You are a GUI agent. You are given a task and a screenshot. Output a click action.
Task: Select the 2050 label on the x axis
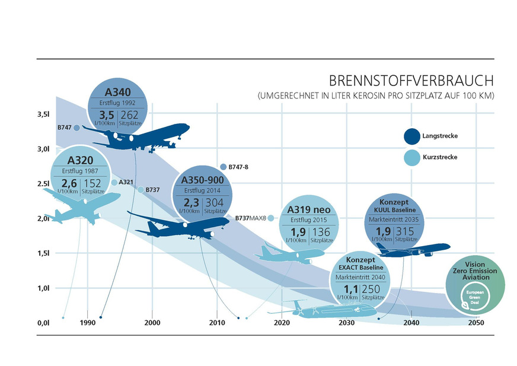tap(475, 323)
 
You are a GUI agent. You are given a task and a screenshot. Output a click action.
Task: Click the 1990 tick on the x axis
tap(87, 323)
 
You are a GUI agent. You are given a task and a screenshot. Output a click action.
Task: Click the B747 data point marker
tap(76, 128)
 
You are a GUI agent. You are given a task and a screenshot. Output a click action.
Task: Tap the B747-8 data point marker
tap(223, 167)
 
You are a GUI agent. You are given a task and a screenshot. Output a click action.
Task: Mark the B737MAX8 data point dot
tap(271, 218)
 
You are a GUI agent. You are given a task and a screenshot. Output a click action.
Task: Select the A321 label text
tap(125, 182)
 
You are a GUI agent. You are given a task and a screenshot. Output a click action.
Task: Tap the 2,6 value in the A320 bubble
tap(68, 184)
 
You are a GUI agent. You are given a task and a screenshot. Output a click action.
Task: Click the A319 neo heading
tap(308, 209)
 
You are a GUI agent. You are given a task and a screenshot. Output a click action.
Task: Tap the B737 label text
tap(152, 190)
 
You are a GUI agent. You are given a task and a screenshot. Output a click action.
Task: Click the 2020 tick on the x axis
tap(282, 323)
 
